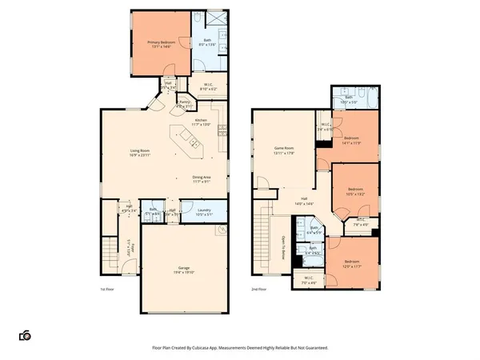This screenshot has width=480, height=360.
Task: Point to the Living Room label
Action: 142,153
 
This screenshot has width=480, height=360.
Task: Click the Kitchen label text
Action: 200,122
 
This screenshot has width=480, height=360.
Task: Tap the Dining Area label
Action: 202,179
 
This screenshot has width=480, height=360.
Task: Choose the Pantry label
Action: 184,103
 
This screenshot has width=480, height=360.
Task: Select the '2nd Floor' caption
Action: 258,290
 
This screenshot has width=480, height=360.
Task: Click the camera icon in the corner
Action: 26,335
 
